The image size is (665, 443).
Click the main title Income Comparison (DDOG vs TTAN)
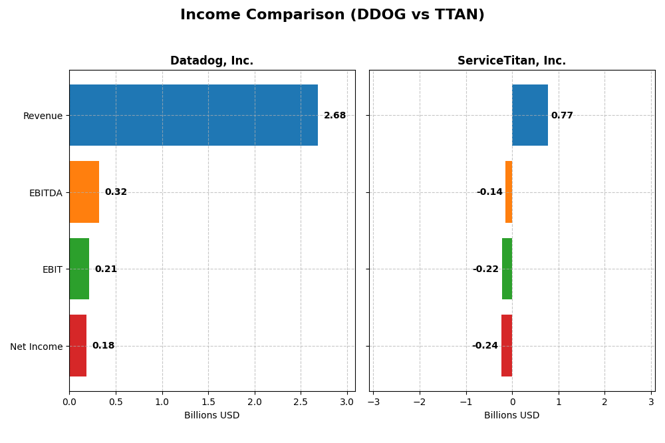coord(332,15)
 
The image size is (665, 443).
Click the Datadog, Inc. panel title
coord(211,61)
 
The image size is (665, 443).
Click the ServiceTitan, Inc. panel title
coord(511,61)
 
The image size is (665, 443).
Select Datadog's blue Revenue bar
coord(193,115)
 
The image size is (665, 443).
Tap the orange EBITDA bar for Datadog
coord(84,192)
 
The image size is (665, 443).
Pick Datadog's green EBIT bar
coord(79,269)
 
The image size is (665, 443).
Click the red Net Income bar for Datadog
coord(78,345)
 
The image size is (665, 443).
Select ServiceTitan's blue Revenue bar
coord(529,115)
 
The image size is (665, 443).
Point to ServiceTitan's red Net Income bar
coord(507,345)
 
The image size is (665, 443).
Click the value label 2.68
coord(334,116)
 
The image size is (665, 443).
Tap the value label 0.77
coord(562,116)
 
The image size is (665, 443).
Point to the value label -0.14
coord(489,192)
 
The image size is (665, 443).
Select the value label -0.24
coord(485,346)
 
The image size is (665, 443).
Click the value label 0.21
coord(106,269)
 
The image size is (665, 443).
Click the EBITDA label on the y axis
coord(45,193)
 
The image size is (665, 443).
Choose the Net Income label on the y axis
coord(36,347)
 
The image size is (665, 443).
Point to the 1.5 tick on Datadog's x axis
coord(208,402)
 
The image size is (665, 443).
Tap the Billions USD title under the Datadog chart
coord(211,416)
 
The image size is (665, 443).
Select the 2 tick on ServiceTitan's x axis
coord(604,402)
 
